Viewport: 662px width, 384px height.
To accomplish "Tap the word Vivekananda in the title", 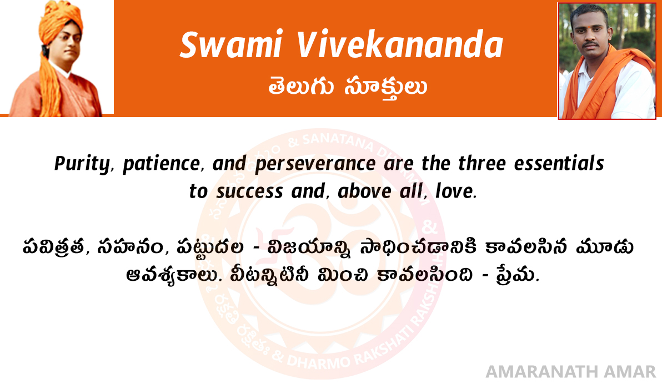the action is pyautogui.click(x=400, y=44).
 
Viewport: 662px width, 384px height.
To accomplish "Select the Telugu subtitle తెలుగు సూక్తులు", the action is pyautogui.click(x=348, y=87).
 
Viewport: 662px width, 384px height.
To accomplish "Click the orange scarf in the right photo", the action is pyautogui.click(x=599, y=84).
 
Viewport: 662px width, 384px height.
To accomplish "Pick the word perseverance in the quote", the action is pyautogui.click(x=315, y=164).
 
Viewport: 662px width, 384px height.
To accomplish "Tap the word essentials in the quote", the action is pyautogui.click(x=559, y=163).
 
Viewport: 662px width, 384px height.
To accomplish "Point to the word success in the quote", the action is pyautogui.click(x=249, y=191).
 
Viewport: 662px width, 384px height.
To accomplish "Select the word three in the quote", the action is pyautogui.click(x=482, y=163).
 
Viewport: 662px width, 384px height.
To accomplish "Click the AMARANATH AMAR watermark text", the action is pyautogui.click(x=570, y=372).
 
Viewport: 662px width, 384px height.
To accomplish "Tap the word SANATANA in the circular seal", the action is pyautogui.click(x=337, y=141).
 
